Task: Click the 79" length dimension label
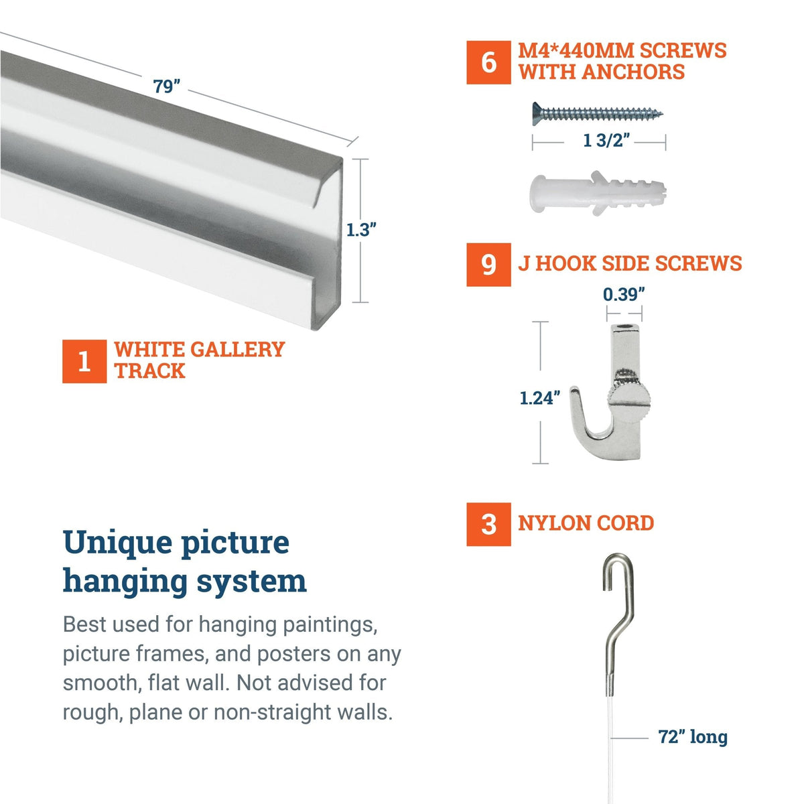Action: coord(167,86)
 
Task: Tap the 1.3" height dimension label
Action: coord(361,230)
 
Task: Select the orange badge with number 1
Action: coord(84,361)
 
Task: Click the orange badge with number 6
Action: coord(488,62)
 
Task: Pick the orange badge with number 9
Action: coord(488,265)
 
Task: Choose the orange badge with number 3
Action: coord(488,524)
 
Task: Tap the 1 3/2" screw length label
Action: coord(606,141)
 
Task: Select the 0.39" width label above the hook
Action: coord(624,295)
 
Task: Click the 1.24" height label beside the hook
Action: coord(540,398)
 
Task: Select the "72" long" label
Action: coord(693,737)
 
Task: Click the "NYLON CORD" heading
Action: coord(586,523)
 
